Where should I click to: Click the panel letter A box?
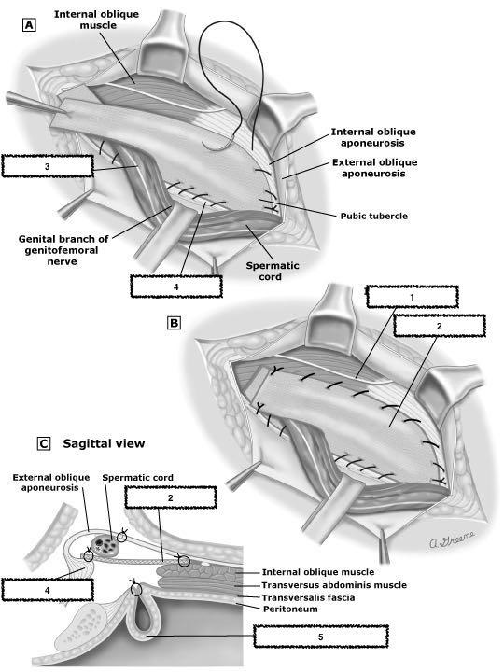tap(29, 25)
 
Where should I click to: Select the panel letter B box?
tap(174, 323)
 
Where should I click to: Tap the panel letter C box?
tap(44, 443)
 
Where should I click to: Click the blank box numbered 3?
tap(48, 166)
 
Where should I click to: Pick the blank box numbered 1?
tap(413, 297)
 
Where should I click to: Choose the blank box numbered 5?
tap(320, 637)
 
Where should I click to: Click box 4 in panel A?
tap(176, 287)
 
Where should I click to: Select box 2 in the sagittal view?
tap(171, 497)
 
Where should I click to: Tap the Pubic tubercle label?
tap(373, 216)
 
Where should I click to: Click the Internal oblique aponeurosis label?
tap(372, 137)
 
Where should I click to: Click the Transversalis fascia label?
tap(308, 597)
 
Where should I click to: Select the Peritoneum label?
tap(290, 609)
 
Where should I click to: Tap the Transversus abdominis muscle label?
tap(334, 585)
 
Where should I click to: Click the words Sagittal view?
tap(104, 443)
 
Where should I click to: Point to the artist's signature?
tap(453, 540)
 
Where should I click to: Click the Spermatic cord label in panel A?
tap(273, 271)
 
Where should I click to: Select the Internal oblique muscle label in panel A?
tap(97, 20)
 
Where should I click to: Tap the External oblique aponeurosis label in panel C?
tap(51, 483)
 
